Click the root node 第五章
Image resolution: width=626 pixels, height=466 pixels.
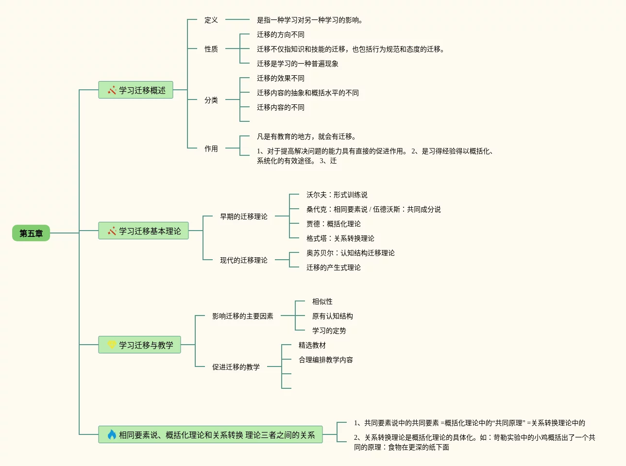[31, 233]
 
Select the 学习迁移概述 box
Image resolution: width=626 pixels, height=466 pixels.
[135, 90]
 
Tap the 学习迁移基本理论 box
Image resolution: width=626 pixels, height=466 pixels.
[143, 231]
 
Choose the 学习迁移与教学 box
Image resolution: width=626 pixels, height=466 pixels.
[139, 345]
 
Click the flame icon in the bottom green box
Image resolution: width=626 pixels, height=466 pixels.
[112, 434]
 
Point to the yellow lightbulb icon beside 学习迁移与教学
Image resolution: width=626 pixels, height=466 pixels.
[112, 345]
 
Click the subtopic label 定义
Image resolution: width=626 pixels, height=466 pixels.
[211, 20]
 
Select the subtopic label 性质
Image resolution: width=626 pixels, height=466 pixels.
[211, 49]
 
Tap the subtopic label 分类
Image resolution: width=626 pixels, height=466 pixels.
[211, 100]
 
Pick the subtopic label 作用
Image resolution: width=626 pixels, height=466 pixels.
[211, 149]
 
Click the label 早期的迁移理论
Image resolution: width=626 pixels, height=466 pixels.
[244, 216]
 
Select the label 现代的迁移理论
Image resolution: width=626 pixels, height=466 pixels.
[244, 260]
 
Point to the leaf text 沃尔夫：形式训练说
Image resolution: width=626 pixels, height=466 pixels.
[337, 195]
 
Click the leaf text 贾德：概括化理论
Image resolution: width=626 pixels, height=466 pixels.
[334, 224]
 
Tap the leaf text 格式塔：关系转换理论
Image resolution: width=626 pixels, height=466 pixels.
[340, 238]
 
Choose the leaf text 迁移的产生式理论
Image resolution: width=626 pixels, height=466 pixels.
[334, 267]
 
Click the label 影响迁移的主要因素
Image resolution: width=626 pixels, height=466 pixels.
[243, 316]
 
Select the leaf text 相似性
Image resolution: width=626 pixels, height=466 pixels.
[322, 301]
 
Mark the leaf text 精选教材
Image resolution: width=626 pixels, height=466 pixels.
[312, 345]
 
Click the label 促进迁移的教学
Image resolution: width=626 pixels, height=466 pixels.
[236, 367]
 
